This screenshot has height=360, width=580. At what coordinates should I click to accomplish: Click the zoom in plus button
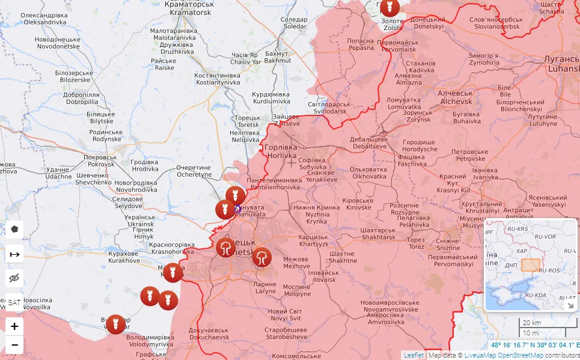pyautogui.click(x=14, y=327)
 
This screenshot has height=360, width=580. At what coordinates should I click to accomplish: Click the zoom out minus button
pyautogui.click(x=14, y=346)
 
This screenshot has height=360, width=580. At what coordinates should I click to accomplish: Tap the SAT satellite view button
pyautogui.click(x=14, y=302)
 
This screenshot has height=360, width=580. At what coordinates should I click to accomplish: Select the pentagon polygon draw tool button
pyautogui.click(x=14, y=230)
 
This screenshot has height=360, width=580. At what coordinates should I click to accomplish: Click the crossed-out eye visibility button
pyautogui.click(x=14, y=278)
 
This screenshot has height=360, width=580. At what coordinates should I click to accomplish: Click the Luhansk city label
pyautogui.click(x=560, y=64)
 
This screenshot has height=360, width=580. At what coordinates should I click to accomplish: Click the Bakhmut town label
pyautogui.click(x=278, y=56)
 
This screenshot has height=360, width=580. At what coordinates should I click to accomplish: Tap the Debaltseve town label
pyautogui.click(x=369, y=142)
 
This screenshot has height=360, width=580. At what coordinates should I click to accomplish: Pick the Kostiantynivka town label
pyautogui.click(x=217, y=79)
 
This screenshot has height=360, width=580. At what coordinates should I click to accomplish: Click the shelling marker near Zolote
pyautogui.click(x=389, y=7)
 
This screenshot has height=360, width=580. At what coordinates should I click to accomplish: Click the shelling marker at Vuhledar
pyautogui.click(x=116, y=325)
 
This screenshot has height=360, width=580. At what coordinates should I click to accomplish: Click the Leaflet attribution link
pyautogui.click(x=414, y=355)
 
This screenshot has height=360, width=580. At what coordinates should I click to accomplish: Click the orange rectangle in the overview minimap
pyautogui.click(x=531, y=266)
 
